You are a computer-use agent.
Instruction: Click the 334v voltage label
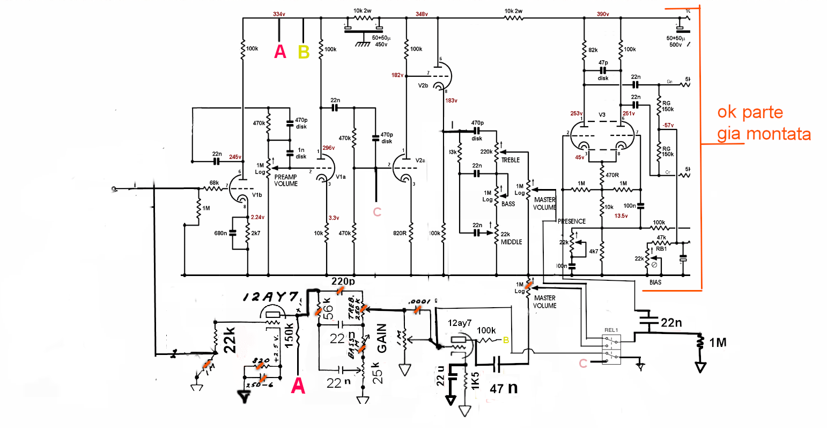coord(279,14)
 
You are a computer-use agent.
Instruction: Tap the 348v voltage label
coord(422,14)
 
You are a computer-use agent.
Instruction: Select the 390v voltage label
coord(603,14)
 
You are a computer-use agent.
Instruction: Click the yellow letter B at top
coord(304,52)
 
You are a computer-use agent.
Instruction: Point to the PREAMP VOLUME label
coord(286,180)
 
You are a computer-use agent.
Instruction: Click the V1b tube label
coord(257,195)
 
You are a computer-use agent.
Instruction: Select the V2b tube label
coord(423,85)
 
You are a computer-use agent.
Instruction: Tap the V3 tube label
coord(602,115)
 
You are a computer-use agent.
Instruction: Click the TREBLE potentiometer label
coord(511,160)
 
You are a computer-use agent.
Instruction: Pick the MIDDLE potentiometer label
coord(511,242)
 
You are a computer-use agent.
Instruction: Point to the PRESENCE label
coord(572,221)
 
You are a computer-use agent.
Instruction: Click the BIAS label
coord(655,282)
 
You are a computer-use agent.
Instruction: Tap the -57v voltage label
coord(668,125)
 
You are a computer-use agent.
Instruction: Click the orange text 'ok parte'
coord(750,112)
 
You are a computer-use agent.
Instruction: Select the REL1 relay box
coord(611,347)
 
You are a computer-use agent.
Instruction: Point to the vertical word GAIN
coord(382,338)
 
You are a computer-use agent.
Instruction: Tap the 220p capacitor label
coord(343,281)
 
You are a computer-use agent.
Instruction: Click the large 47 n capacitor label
coord(504,388)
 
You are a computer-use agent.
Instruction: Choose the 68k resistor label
coord(214,183)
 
